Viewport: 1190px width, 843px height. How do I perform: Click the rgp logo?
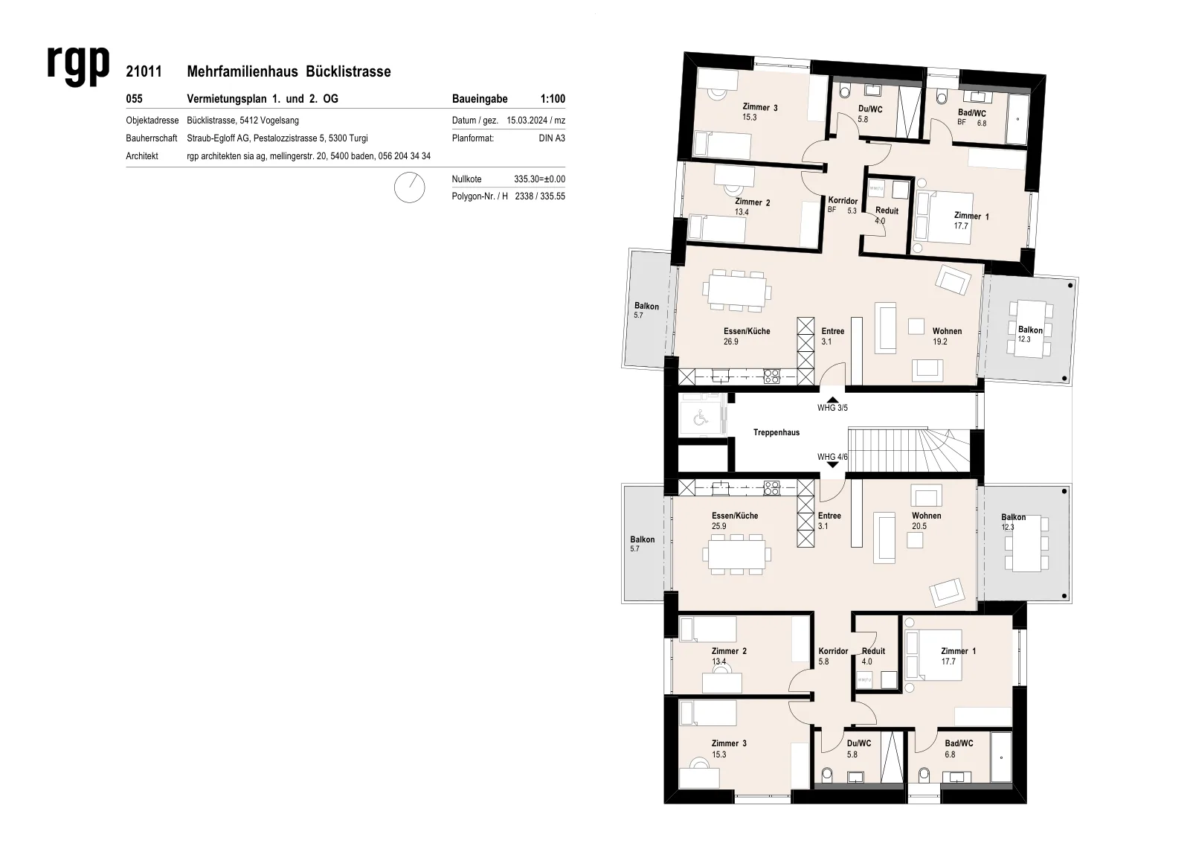click(78, 65)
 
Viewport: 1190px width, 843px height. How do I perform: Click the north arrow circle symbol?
click(410, 187)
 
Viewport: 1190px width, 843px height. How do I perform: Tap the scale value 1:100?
click(553, 99)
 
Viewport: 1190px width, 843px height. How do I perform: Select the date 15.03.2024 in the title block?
click(527, 121)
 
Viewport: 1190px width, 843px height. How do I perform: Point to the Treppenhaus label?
click(776, 433)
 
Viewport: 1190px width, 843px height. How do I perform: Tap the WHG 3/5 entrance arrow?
click(832, 400)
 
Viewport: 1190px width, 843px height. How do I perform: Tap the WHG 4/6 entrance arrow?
click(832, 464)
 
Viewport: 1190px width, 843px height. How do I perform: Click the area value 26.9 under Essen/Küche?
click(731, 342)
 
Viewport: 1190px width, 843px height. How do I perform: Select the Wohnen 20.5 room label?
click(927, 521)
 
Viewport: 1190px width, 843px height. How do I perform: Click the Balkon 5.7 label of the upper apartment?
click(646, 310)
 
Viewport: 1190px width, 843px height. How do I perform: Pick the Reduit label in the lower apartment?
click(873, 651)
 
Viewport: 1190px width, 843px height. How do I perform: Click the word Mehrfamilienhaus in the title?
click(242, 71)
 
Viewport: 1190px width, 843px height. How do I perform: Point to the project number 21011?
click(144, 71)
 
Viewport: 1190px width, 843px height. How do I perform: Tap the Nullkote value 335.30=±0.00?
click(539, 179)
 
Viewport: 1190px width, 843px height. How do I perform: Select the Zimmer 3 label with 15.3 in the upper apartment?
click(759, 112)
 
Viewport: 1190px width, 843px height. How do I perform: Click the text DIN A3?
click(552, 138)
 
